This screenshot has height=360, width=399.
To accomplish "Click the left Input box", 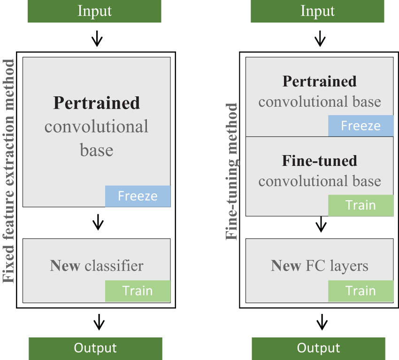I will pyautogui.click(x=94, y=11).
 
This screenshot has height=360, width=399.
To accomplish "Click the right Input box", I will pyautogui.click(x=317, y=11).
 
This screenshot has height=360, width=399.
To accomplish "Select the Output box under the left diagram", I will pyautogui.click(x=95, y=348).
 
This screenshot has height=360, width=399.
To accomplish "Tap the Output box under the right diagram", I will pyautogui.click(x=318, y=348).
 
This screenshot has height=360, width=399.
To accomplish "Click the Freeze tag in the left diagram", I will pyautogui.click(x=138, y=196).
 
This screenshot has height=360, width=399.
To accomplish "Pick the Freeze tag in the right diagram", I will pyautogui.click(x=361, y=126).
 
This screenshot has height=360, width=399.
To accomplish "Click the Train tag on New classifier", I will pyautogui.click(x=138, y=291).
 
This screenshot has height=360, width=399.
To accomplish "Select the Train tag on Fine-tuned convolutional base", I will pyautogui.click(x=361, y=205).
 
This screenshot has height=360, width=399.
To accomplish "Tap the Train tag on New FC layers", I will pyautogui.click(x=361, y=291).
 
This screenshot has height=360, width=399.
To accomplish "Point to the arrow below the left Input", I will pyautogui.click(x=97, y=39).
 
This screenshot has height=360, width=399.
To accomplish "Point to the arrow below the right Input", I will pyautogui.click(x=320, y=39).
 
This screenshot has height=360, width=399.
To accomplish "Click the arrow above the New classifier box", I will pyautogui.click(x=98, y=222).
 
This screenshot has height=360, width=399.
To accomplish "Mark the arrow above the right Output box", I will pyautogui.click(x=322, y=322).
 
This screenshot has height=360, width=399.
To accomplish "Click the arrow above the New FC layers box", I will pyautogui.click(x=321, y=224).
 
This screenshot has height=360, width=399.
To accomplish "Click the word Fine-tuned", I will pyautogui.click(x=319, y=161).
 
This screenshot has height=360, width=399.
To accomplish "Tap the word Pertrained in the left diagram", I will pyautogui.click(x=97, y=102).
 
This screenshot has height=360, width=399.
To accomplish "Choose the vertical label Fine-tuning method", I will pyautogui.click(x=232, y=172).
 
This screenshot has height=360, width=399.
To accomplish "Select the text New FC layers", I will pyautogui.click(x=319, y=266).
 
